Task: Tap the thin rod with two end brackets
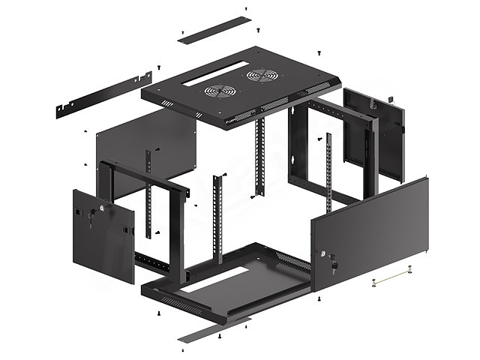[391, 277]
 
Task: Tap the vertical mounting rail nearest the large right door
[328, 172]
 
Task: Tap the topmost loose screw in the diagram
[246, 9]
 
